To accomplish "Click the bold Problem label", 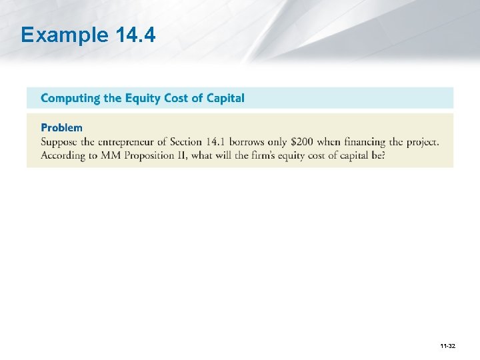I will click(61, 127).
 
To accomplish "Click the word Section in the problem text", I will click(186, 142).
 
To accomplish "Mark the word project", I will click(424, 142).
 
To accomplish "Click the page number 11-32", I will click(447, 345).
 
